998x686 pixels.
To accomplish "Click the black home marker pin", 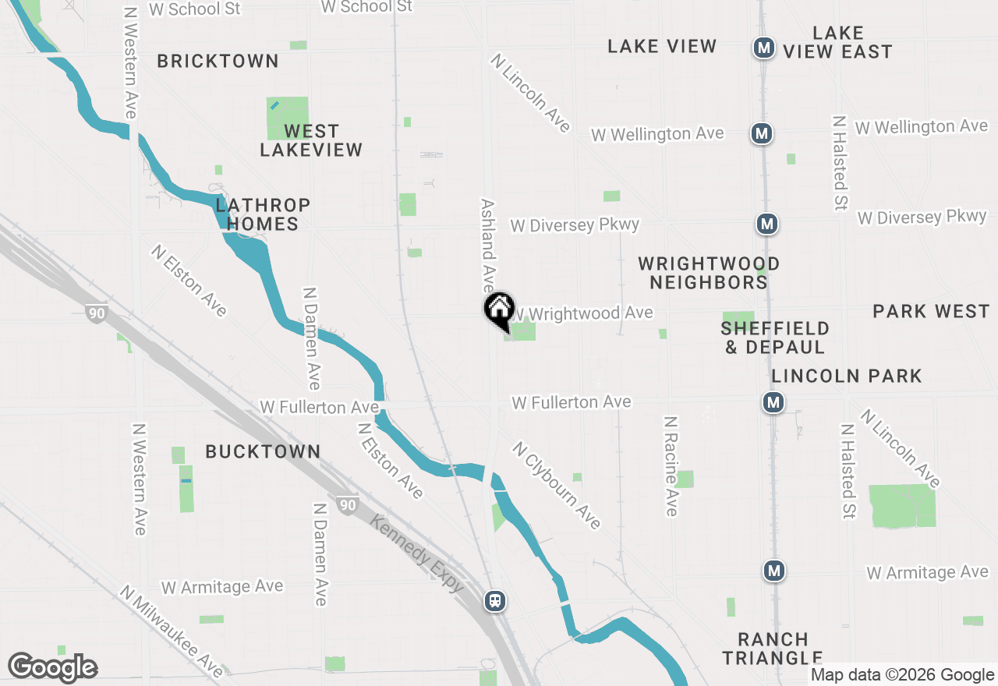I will point(499,309).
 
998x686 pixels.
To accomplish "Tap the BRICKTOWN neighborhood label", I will point(218,61).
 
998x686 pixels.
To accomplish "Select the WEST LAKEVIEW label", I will point(311,140).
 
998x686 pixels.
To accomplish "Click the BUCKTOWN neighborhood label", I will point(263,451).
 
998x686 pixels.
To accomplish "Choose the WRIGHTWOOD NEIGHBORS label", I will point(709,273).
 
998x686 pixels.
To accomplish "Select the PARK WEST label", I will point(931,312).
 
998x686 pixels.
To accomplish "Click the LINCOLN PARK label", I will point(847,376).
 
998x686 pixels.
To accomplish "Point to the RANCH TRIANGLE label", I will point(772,649).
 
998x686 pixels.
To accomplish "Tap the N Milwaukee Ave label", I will point(172,632).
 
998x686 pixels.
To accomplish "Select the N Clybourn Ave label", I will point(557,486).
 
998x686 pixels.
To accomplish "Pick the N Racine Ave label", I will point(671,465).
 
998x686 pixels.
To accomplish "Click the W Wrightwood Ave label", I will point(583,313).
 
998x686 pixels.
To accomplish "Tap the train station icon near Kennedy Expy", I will point(495,601).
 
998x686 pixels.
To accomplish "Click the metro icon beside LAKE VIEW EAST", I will point(763,48).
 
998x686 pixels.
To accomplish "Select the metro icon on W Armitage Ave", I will point(773,571).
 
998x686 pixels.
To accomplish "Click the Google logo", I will point(52,668).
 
